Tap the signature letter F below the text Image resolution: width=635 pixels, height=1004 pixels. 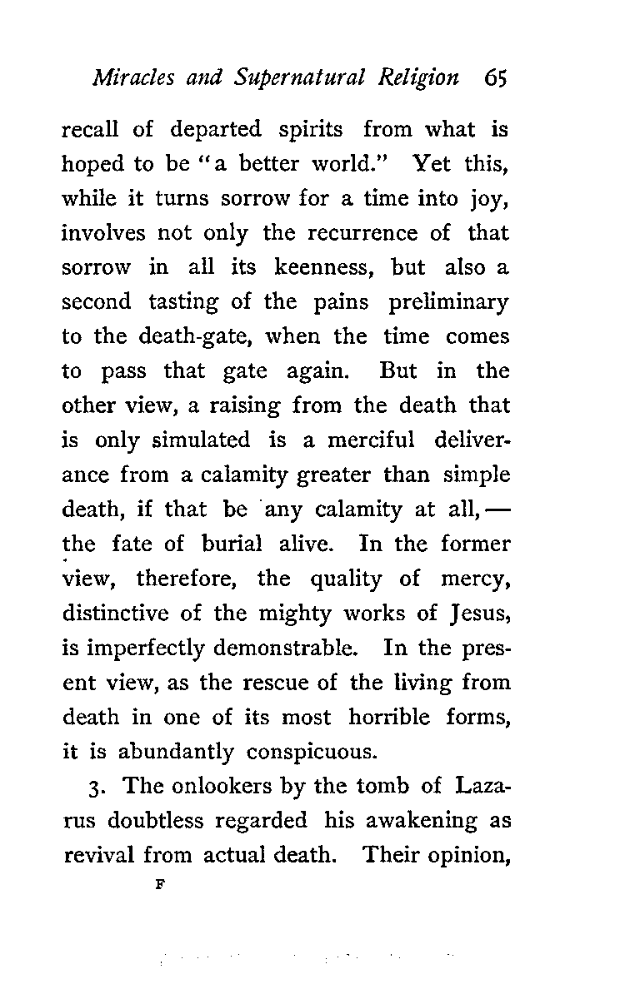[x=157, y=887]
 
